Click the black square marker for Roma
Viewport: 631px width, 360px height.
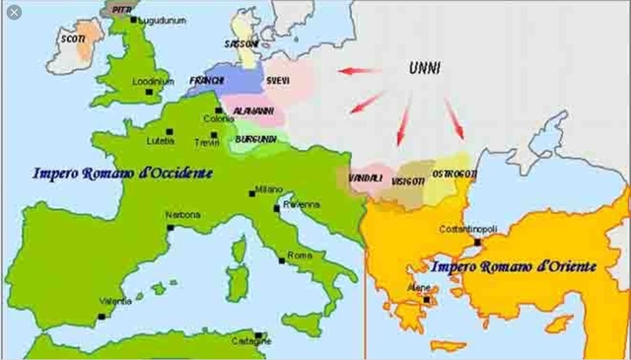(x=280, y=257)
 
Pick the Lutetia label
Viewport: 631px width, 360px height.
(x=159, y=140)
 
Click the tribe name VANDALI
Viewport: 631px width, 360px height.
(x=366, y=177)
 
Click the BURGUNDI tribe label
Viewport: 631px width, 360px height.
(x=256, y=140)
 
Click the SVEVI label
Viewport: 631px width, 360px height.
(x=279, y=79)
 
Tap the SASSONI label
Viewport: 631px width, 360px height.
(x=243, y=43)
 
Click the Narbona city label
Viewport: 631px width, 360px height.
(x=182, y=214)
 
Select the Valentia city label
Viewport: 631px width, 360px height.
(x=115, y=301)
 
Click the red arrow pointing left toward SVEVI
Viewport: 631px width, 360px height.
(x=361, y=71)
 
